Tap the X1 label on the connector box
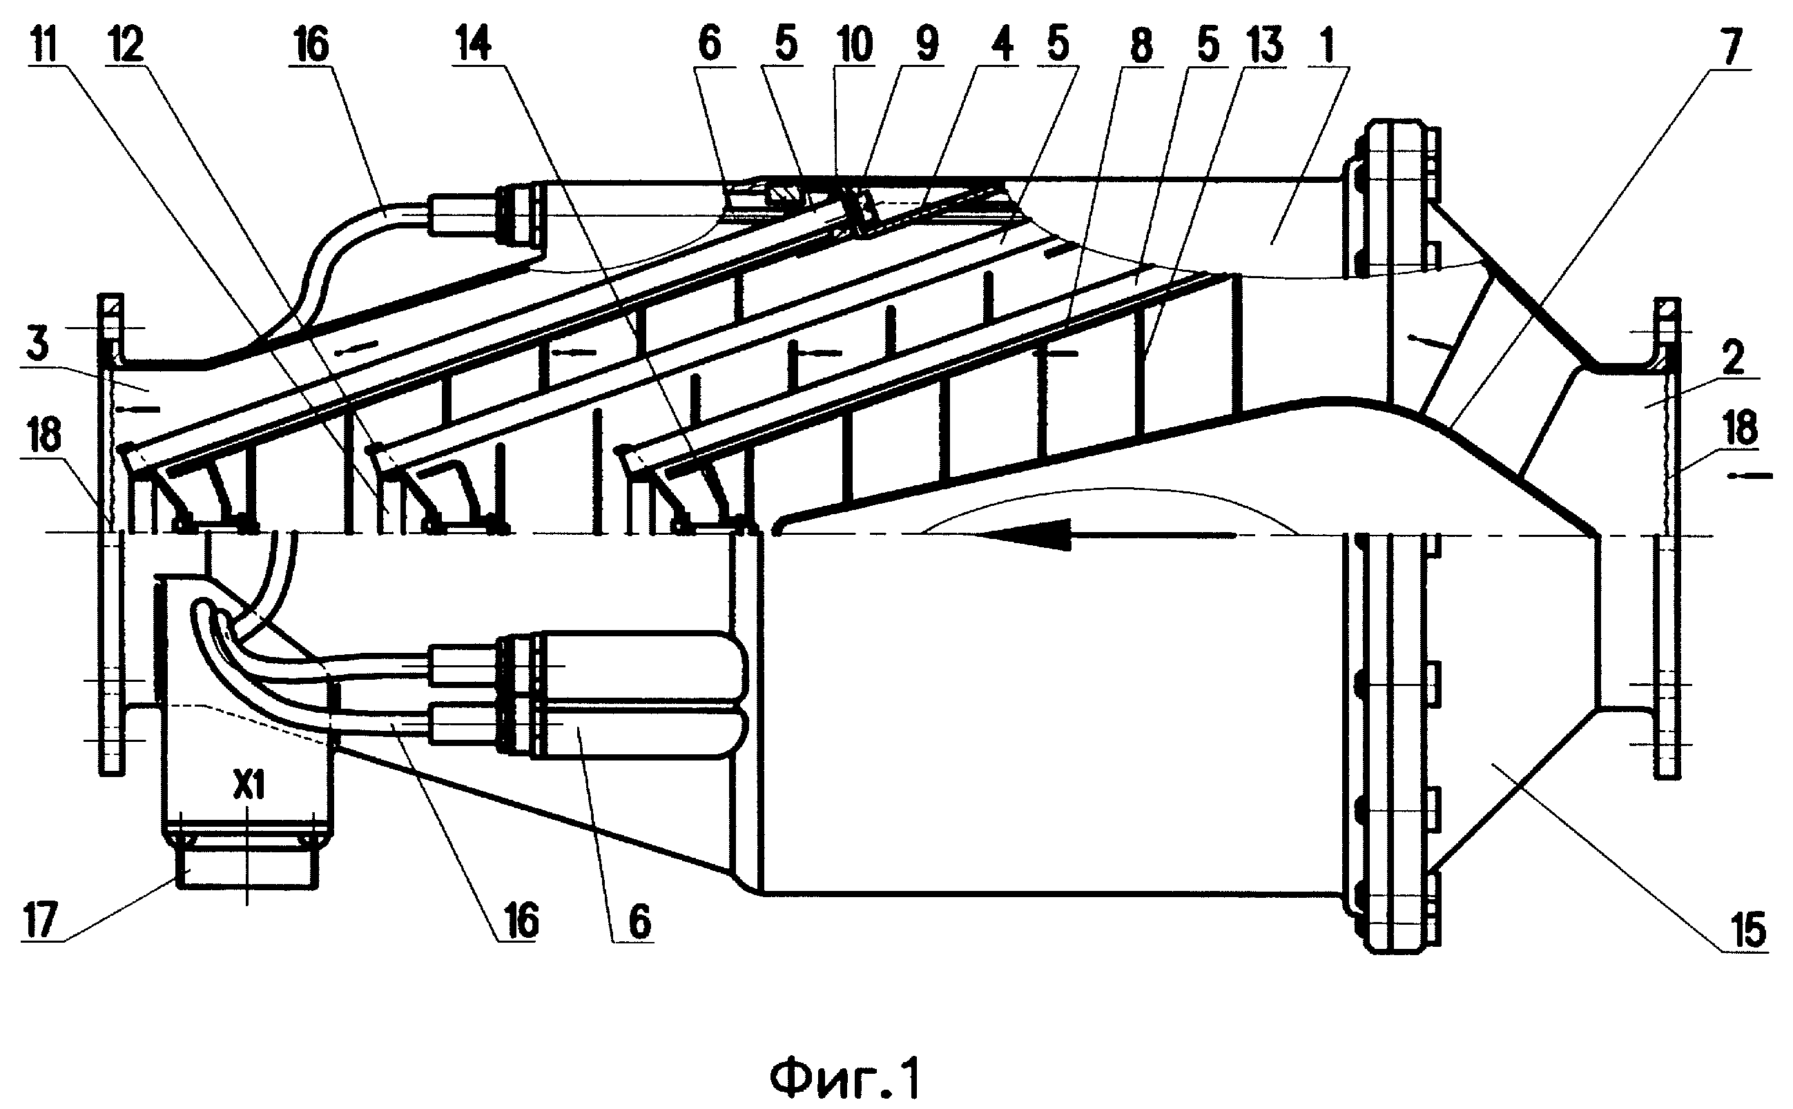pos(249,787)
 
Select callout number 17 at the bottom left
pos(41,921)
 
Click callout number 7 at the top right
pos(1732,46)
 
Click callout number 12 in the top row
pos(126,45)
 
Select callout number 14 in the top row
pos(474,45)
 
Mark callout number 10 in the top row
pos(855,45)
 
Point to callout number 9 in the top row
pos(927,45)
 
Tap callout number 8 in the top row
pos(1141,45)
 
